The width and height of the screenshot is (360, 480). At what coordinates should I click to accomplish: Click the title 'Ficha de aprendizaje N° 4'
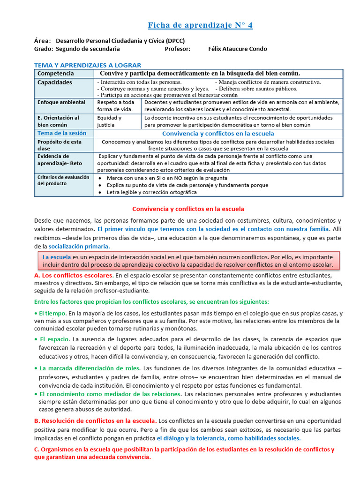click(200, 25)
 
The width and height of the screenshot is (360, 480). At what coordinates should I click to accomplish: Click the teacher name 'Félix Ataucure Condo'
click(237, 49)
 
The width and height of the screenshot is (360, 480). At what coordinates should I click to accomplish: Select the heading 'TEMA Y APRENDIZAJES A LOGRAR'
click(88, 65)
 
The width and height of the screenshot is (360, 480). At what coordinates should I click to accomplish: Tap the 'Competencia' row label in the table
click(55, 74)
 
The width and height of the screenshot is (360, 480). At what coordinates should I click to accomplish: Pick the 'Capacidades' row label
click(55, 82)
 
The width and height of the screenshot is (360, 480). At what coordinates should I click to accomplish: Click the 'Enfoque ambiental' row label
click(61, 102)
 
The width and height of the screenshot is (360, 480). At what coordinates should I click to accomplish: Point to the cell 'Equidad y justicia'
click(109, 121)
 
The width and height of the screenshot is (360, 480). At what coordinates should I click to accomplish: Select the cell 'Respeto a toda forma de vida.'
click(115, 105)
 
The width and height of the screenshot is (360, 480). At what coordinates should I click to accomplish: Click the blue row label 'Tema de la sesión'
click(62, 133)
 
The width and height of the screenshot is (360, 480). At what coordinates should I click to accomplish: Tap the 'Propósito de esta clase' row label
click(60, 145)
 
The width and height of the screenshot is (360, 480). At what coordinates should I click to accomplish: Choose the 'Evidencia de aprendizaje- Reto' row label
click(60, 159)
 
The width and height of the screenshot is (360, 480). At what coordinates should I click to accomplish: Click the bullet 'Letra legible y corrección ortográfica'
click(158, 192)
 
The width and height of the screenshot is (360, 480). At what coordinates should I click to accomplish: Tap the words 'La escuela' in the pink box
click(57, 257)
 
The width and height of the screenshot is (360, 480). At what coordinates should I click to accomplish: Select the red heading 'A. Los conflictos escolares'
click(73, 275)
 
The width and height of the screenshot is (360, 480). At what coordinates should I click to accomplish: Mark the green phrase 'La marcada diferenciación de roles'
click(89, 368)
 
